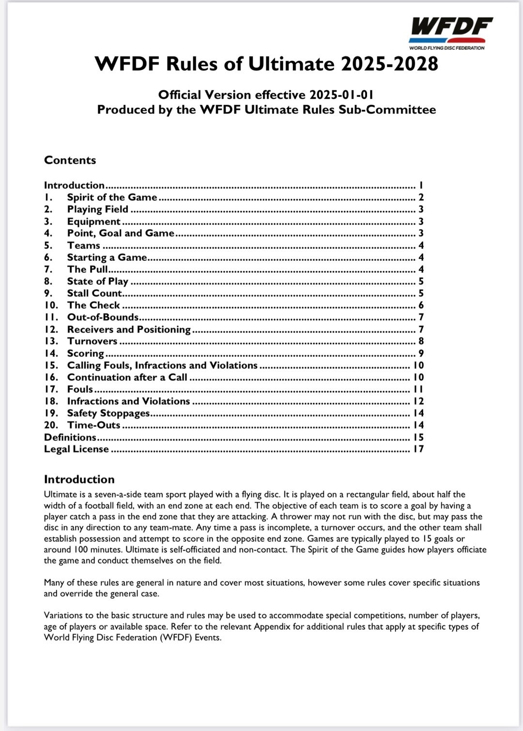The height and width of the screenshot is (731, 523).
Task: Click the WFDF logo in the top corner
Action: (x=450, y=33)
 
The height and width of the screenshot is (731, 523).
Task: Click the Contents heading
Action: (x=70, y=160)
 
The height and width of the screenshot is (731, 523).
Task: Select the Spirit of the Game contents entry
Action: (x=112, y=197)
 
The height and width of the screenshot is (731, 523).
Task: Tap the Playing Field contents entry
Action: (x=97, y=209)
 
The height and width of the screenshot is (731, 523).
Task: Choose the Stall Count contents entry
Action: (x=94, y=293)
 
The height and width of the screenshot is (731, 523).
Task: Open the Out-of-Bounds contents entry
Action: (x=103, y=317)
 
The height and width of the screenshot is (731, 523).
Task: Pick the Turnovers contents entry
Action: (x=92, y=341)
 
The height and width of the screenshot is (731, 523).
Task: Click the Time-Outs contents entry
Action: (x=93, y=425)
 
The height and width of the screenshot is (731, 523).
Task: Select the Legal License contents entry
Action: (x=77, y=449)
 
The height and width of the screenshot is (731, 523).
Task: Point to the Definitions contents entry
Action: (x=70, y=437)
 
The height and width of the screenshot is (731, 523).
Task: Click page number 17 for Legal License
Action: (x=418, y=449)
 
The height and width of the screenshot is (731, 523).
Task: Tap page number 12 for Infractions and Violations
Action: (x=418, y=401)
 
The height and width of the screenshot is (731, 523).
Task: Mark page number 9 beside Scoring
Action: (x=421, y=353)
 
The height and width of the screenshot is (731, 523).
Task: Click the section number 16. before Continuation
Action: (x=51, y=377)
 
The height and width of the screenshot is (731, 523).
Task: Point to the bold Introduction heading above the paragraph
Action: (x=79, y=479)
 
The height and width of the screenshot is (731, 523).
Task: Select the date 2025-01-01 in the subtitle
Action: (x=342, y=95)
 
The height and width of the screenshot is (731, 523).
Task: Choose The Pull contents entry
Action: (x=87, y=270)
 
